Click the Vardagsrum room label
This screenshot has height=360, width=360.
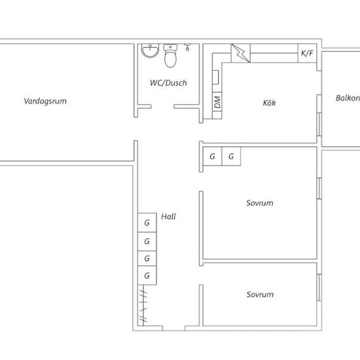coord(45,101)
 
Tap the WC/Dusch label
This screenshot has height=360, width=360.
coord(168,83)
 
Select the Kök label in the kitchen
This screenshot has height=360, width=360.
coord(269,103)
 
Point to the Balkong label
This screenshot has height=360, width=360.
coord(348,98)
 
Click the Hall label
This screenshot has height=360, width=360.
coord(168,217)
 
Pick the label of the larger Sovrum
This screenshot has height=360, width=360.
coord(260,203)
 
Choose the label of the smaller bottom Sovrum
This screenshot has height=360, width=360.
coord(260,295)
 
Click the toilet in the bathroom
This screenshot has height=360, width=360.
coord(170,56)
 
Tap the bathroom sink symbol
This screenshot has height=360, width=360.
coord(150,51)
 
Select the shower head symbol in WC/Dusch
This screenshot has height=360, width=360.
coord(188,47)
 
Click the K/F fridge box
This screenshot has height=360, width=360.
coord(307,53)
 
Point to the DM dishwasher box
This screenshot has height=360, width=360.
coord(217,102)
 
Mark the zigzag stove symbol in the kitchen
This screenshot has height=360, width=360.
coord(241,53)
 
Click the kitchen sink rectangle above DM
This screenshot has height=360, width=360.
coord(215,77)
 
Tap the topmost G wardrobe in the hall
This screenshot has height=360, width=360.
coord(147,223)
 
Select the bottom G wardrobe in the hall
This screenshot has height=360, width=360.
coord(147,276)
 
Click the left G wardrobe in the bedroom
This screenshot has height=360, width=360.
coord(213,156)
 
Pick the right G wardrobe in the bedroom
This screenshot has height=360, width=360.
coord(231,156)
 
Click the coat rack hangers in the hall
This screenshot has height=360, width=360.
coord(143,306)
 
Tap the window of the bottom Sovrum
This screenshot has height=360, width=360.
coord(319,287)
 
